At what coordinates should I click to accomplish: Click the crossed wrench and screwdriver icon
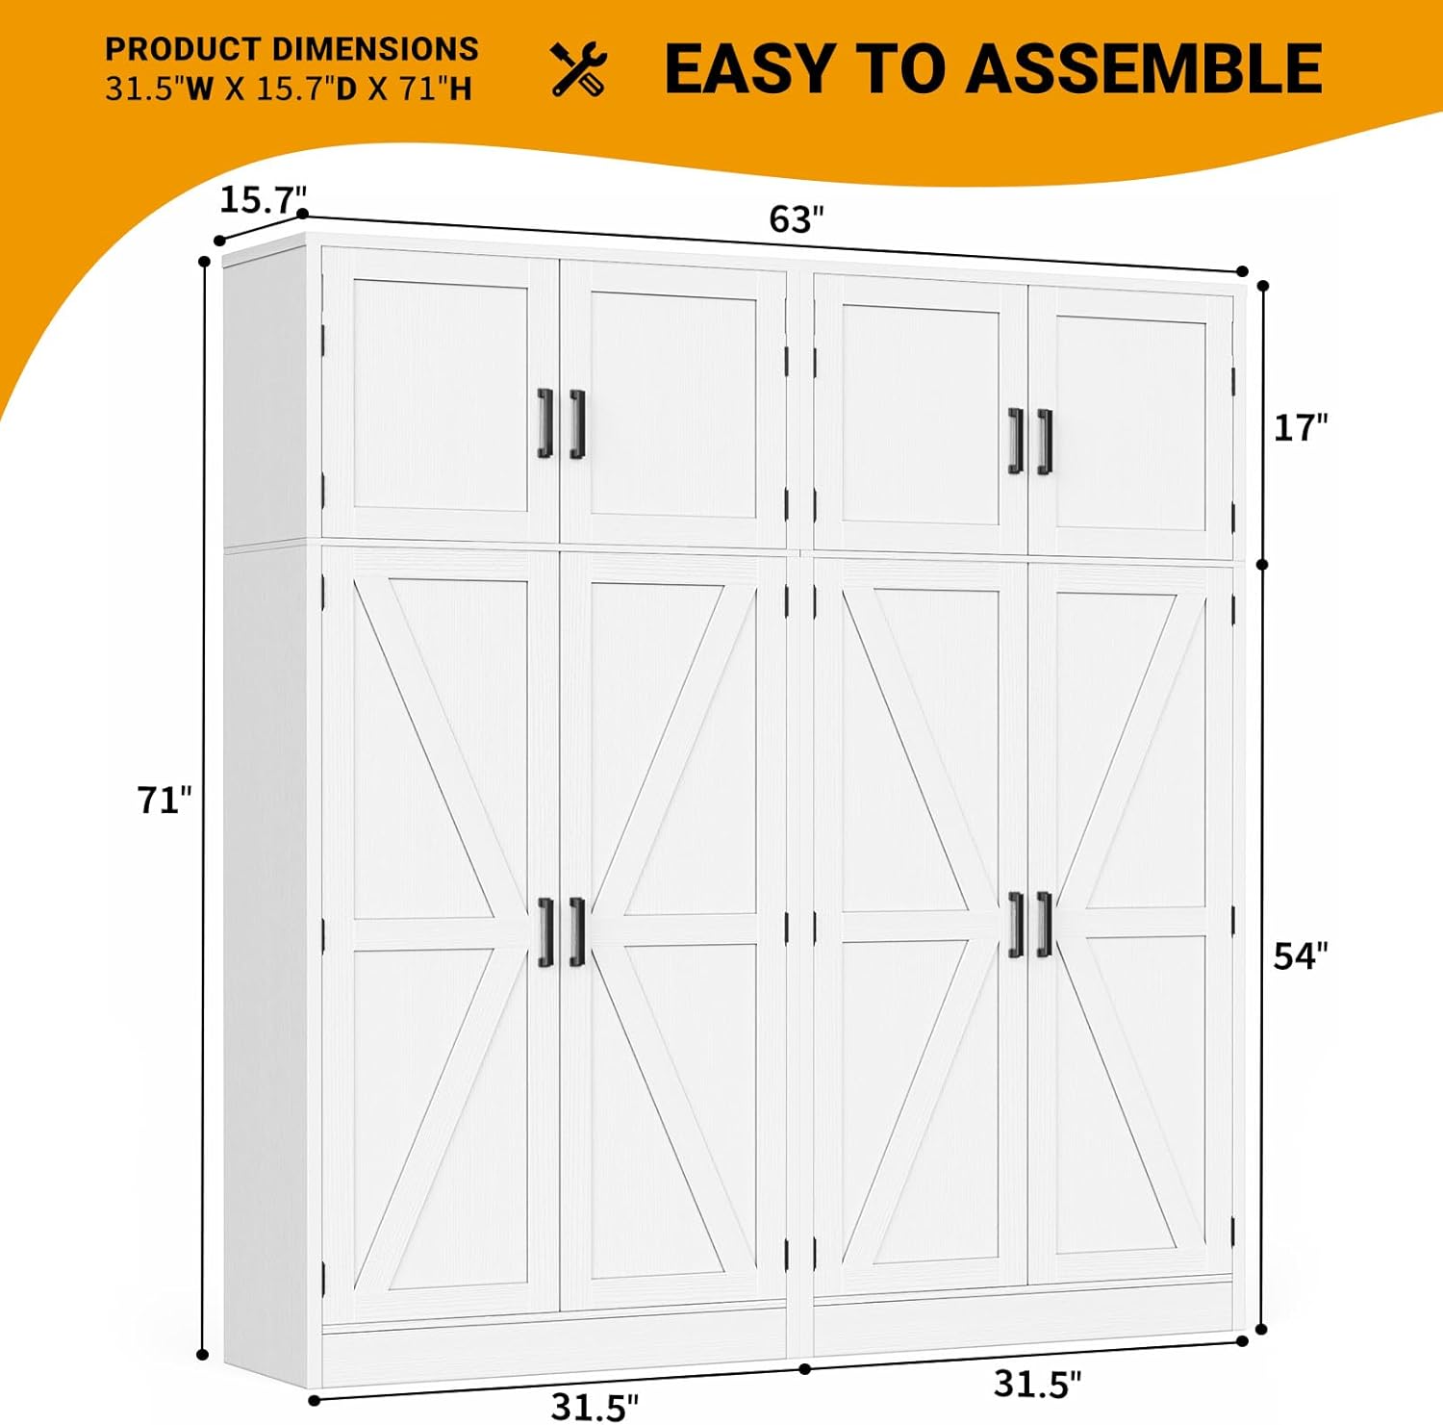[x=579, y=69]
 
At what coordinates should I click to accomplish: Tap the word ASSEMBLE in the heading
[x=1144, y=69]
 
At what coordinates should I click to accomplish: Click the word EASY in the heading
[x=749, y=69]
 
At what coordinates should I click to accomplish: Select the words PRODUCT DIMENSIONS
[x=291, y=49]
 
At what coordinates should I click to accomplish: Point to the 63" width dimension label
[x=797, y=219]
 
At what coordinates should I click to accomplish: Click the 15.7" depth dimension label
[x=263, y=200]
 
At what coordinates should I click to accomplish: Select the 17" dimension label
[x=1301, y=427]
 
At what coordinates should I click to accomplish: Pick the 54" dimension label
[x=1301, y=955]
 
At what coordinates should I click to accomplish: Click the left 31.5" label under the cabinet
[x=595, y=1407]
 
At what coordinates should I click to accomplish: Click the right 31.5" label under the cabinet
[x=1037, y=1384]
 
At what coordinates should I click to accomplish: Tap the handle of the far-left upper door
[x=544, y=423]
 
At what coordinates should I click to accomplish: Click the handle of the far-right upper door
[x=1045, y=442]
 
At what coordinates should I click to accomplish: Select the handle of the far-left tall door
[x=545, y=931]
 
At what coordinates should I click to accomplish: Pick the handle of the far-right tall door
[x=1045, y=925]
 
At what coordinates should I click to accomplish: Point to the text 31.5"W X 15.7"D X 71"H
[x=289, y=89]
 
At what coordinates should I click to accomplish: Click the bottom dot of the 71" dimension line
[x=202, y=1355]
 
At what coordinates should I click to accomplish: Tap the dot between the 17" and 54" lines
[x=1262, y=565]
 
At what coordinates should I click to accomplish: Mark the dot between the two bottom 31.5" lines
[x=805, y=1368]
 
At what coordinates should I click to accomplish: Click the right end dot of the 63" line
[x=1242, y=271]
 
